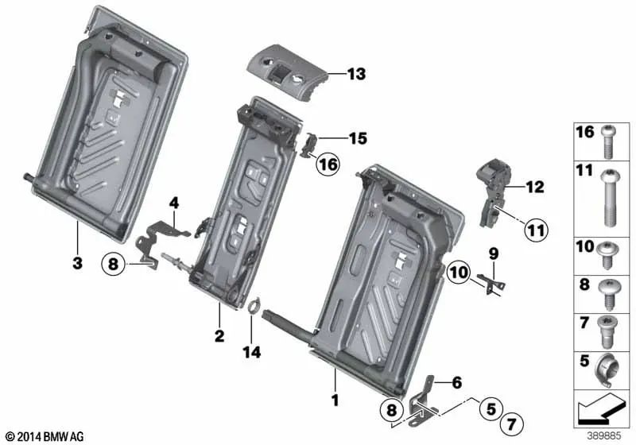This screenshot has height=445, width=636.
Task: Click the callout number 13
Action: (x=355, y=75)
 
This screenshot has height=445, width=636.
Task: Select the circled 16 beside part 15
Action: (x=327, y=164)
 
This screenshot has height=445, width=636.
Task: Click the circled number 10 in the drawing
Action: (x=459, y=273)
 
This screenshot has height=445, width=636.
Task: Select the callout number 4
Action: (x=174, y=203)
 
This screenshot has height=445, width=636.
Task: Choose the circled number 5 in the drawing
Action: (x=491, y=408)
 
